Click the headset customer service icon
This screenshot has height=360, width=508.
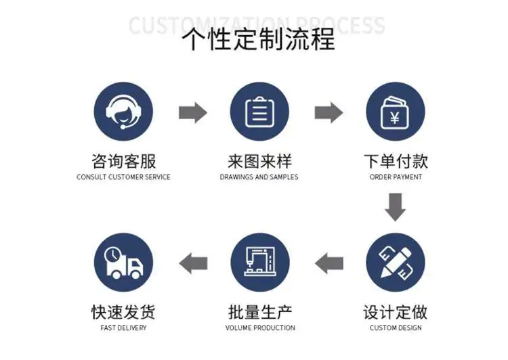pyautogui.click(x=124, y=112)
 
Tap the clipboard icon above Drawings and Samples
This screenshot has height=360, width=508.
pyautogui.click(x=259, y=112)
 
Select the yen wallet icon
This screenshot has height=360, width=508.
pyautogui.click(x=396, y=112)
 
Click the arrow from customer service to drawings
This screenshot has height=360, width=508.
pyautogui.click(x=192, y=112)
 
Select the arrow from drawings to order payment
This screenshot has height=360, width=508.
pyautogui.click(x=329, y=112)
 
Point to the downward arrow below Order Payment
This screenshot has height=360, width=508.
pyautogui.click(x=396, y=206)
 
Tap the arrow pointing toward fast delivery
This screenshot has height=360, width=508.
pyautogui.click(x=192, y=262)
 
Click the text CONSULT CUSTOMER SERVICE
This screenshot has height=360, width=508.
pyautogui.click(x=123, y=177)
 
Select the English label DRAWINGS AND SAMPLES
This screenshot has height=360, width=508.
pyautogui.click(x=259, y=177)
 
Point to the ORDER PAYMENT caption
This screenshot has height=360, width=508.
pyautogui.click(x=396, y=177)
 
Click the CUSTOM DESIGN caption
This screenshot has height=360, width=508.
pyautogui.click(x=396, y=328)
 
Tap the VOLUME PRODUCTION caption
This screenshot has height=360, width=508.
pyautogui.click(x=260, y=328)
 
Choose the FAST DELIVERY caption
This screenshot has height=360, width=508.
pyautogui.click(x=123, y=328)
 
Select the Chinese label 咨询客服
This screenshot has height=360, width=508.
pyautogui.click(x=123, y=161)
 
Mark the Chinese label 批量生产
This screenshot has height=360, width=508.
pyautogui.click(x=260, y=312)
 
